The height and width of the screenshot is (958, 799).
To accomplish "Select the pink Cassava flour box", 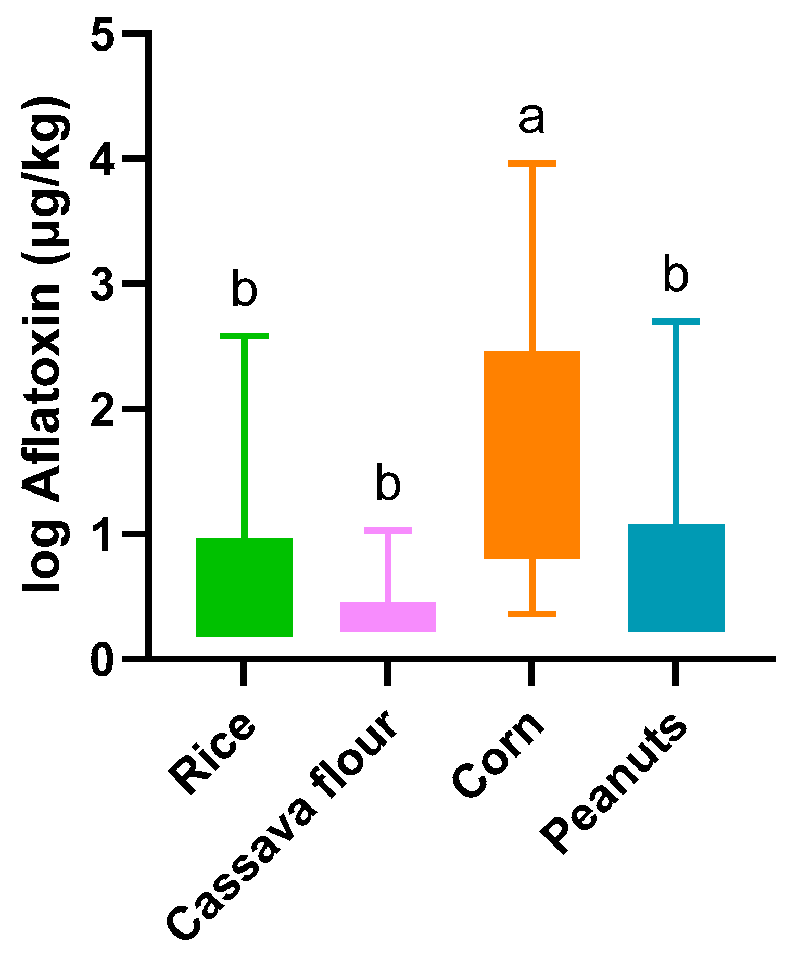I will point(388,616).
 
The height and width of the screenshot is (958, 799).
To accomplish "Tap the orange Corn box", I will point(532,455).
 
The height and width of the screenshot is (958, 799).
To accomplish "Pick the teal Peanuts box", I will point(676,577).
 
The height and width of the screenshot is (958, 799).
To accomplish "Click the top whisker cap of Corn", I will point(532,163).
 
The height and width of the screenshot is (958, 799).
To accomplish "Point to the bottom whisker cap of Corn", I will point(532,614).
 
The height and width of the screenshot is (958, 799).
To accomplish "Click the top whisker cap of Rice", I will point(244,336).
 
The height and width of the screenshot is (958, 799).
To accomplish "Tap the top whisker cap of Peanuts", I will point(676,321).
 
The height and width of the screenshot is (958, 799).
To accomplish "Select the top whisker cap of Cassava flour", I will point(388,531).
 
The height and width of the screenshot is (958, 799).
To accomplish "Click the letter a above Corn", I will point(531,119).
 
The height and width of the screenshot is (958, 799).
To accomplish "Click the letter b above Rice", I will point(244,288).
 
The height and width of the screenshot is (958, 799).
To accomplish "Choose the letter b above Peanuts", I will point(676,274).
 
